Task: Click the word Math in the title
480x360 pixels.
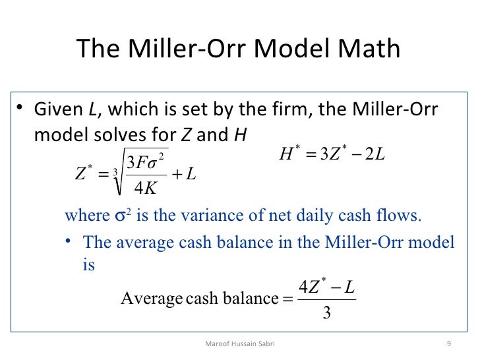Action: [368, 49]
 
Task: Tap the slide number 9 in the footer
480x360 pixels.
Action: [448, 344]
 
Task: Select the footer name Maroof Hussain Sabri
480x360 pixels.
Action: [239, 344]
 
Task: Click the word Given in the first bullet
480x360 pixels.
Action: [55, 109]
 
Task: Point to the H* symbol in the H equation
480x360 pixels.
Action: [290, 156]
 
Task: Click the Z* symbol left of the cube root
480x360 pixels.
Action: [84, 175]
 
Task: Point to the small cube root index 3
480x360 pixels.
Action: [116, 173]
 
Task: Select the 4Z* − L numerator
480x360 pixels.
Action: [326, 287]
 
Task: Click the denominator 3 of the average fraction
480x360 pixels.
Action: [326, 312]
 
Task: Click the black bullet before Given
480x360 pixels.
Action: [21, 109]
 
